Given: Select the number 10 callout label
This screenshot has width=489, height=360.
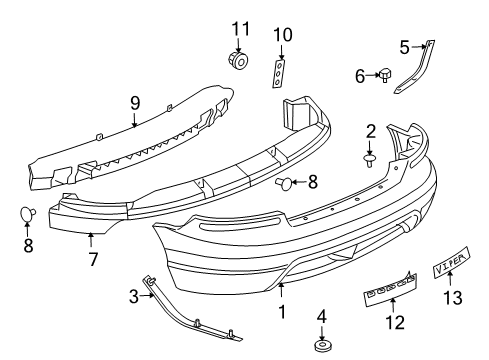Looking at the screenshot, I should click(x=284, y=35).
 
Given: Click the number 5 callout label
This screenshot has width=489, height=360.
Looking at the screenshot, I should click(x=405, y=45).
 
